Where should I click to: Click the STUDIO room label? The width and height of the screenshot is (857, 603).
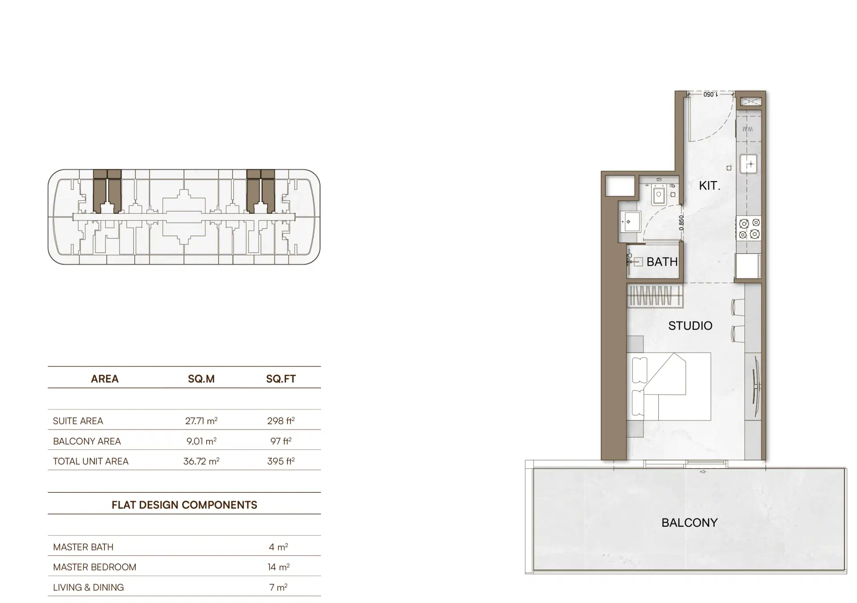pos(690,326)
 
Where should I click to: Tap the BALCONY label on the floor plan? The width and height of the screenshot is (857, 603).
pos(689,523)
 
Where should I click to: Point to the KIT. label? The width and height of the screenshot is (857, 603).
pos(709,186)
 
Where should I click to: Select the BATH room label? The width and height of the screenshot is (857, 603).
pos(662,262)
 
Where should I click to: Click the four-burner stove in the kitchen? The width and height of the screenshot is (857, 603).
pos(749,228)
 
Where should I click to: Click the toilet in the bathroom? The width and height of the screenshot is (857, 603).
pos(659,195)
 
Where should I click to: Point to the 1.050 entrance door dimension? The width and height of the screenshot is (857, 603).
pos(711,95)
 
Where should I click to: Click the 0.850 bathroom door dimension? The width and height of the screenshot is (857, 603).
pos(681,223)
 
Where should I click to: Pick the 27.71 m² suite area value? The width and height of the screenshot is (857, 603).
pos(201,420)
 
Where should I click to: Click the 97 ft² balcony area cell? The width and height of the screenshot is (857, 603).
pos(281,441)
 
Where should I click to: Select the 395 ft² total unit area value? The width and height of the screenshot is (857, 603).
pos(281,461)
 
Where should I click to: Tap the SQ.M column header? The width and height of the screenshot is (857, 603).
pos(201,379)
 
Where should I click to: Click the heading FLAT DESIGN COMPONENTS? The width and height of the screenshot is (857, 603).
pos(184,505)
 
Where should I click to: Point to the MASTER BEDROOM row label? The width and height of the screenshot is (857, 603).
pos(95,567)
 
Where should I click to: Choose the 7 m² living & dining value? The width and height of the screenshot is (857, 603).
pos(278,587)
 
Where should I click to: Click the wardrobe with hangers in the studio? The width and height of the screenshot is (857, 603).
pos(655,295)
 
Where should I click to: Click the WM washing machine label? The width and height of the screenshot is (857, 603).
pos(748,129)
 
